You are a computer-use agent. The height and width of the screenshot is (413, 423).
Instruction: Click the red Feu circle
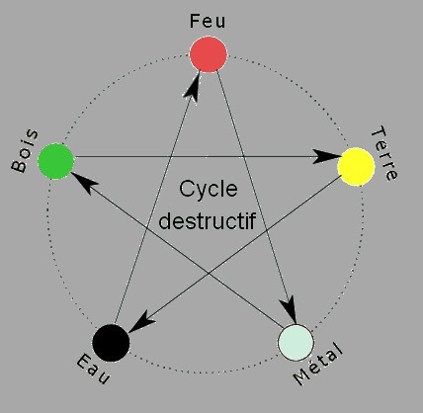pos(209,54)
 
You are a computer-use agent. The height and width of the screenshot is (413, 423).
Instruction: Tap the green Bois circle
pos(56,161)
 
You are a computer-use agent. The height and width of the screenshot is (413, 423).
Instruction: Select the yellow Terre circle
pos(356,166)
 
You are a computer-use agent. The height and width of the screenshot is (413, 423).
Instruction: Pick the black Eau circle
pos(111,343)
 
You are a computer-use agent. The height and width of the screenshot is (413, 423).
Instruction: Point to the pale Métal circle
pos(296,343)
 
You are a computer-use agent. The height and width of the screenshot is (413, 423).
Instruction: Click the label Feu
pos(208,21)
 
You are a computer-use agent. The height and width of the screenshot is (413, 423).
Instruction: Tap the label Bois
pos(25,151)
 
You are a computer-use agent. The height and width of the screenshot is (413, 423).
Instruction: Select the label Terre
pos(384,153)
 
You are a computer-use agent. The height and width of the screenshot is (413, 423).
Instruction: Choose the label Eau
pos(93,369)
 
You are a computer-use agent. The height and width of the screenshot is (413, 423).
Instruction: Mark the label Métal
pos(318,364)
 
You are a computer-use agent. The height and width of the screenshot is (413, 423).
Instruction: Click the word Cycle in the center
pos(209,189)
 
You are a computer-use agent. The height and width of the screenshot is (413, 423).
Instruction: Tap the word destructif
pos(208,220)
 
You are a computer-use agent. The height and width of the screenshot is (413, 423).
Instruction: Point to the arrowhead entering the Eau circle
pos(141,323)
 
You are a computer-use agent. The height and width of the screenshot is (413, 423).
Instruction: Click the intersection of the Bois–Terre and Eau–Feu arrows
pos(171,156)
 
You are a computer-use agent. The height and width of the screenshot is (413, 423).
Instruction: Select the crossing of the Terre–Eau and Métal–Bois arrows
pos(210,272)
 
